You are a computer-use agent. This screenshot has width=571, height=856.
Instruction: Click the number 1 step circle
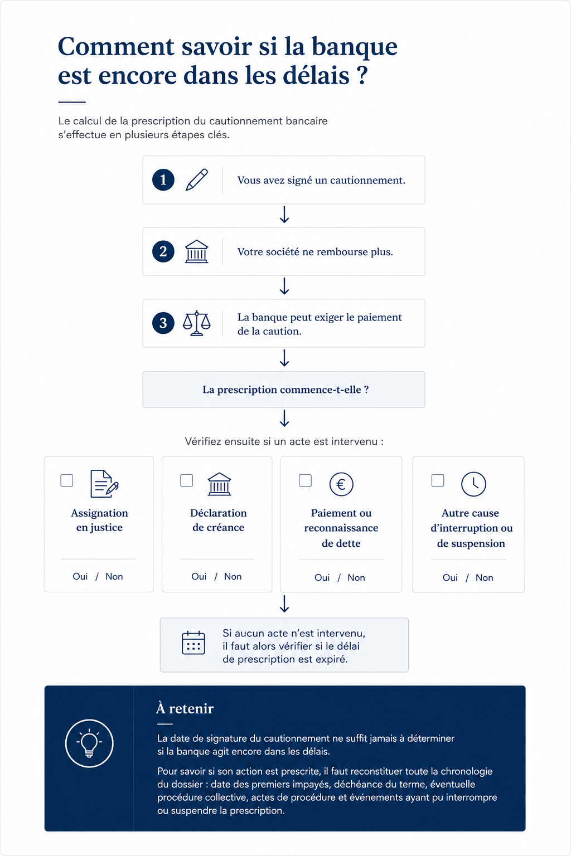(x=163, y=179)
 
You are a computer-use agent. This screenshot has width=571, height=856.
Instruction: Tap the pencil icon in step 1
(x=197, y=179)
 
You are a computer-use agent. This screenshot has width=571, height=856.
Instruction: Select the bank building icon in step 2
(x=197, y=251)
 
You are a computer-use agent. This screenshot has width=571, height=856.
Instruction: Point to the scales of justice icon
(x=197, y=323)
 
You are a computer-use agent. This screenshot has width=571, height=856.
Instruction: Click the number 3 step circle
(x=163, y=323)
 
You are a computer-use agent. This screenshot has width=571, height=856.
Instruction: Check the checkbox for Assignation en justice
(x=67, y=480)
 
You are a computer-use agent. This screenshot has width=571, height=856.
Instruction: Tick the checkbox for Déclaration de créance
(x=187, y=480)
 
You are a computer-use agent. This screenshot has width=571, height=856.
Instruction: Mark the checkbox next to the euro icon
(x=305, y=480)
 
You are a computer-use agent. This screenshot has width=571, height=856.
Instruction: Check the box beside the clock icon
(x=438, y=480)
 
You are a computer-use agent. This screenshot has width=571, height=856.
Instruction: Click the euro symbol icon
(x=341, y=484)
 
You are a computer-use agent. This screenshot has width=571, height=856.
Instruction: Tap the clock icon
(x=473, y=484)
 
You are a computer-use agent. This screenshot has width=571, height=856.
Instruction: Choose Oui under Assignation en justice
(x=80, y=576)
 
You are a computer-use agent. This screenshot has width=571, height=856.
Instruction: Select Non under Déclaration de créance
(x=233, y=576)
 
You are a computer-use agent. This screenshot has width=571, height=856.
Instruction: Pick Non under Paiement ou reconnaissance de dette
(x=356, y=577)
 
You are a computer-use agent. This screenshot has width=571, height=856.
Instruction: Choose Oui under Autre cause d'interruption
(x=450, y=577)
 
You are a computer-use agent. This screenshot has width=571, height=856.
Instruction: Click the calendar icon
(x=193, y=643)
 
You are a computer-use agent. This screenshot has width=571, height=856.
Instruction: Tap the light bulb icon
(x=89, y=743)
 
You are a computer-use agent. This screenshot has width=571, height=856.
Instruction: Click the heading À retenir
(x=185, y=708)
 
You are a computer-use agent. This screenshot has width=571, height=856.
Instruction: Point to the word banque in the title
(x=355, y=47)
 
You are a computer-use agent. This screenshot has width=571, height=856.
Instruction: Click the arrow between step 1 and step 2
(x=284, y=215)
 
